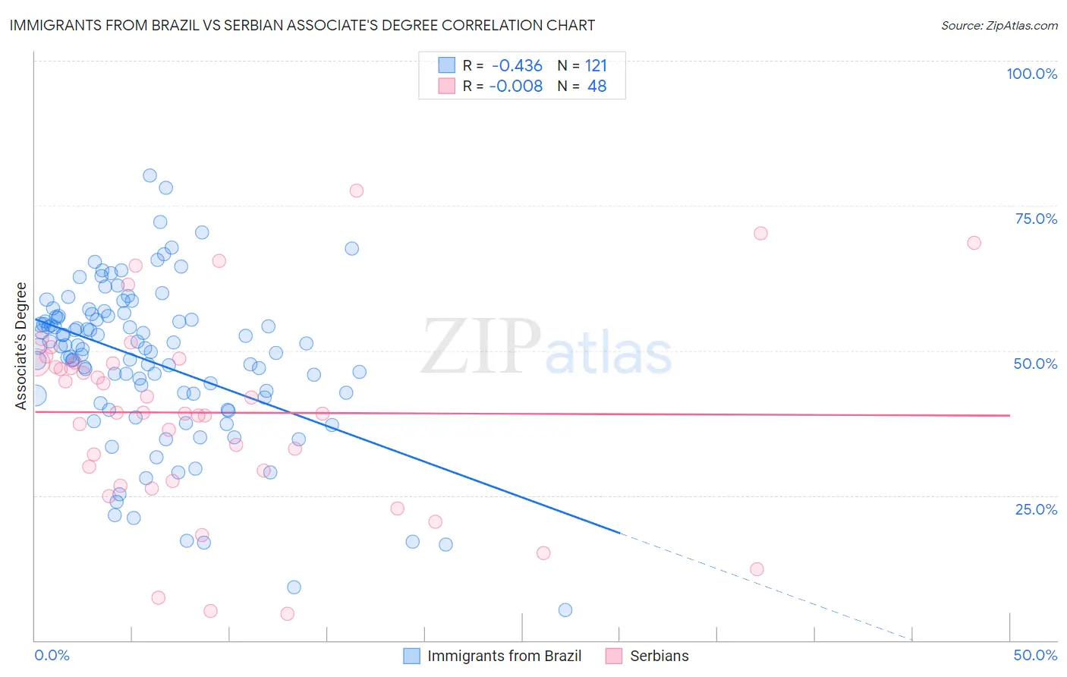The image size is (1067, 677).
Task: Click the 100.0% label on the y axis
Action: coord(1031,74)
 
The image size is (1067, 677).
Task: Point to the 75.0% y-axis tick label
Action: coord(1036,219)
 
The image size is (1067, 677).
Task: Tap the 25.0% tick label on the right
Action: coord(1036,509)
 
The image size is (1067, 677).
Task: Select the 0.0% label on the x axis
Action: coord(52,655)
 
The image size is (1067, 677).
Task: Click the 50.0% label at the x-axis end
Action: coord(1035,655)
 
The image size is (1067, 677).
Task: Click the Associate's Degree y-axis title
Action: coord(21,345)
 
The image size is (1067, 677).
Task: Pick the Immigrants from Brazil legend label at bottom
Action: coord(504,656)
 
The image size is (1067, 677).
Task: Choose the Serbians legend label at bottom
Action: coord(659,656)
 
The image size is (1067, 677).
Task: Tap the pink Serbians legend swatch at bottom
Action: coord(614,656)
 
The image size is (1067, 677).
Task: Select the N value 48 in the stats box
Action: coord(596,87)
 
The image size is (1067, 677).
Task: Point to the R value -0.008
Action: coord(515,87)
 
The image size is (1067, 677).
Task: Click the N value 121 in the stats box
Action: coord(596,66)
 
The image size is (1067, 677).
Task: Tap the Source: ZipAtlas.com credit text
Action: coord(999,25)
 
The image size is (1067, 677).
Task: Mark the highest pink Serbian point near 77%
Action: coord(356,191)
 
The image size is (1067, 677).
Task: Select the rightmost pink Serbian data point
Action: coord(974,243)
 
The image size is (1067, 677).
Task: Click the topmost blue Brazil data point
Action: coord(150,175)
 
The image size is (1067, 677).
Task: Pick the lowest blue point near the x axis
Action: coord(565,610)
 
